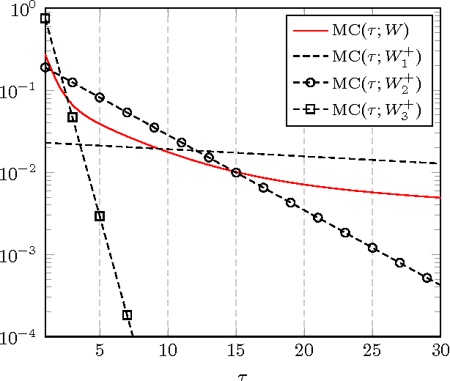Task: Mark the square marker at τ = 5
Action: (100, 216)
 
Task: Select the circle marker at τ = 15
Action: (236, 173)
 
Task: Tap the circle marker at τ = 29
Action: (427, 278)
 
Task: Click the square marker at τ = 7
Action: (127, 315)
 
